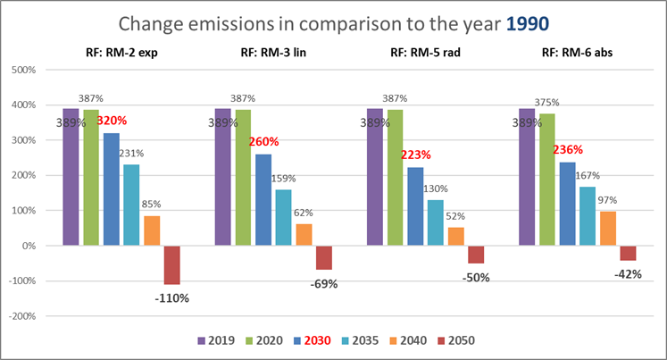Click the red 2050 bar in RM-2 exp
(172, 265)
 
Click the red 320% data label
(113, 120)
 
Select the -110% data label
(171, 298)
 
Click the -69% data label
(322, 283)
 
